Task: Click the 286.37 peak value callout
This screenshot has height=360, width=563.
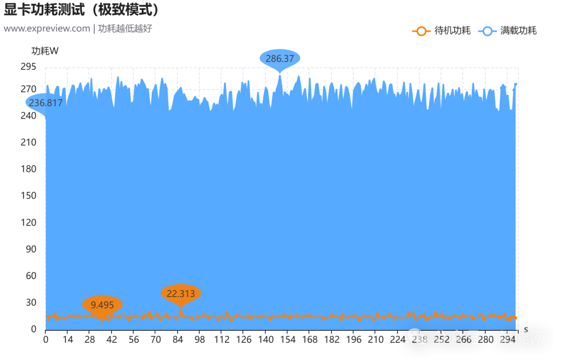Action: [280, 59]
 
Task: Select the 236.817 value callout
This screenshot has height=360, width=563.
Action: [45, 103]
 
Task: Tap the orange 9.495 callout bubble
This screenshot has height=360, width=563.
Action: [102, 305]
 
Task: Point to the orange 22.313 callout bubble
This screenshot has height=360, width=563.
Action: [180, 294]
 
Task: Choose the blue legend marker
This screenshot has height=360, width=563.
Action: [487, 31]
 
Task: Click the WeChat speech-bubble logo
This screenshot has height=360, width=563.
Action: [418, 337]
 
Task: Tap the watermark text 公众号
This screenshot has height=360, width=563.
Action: [457, 338]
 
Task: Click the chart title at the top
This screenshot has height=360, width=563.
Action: [81, 9]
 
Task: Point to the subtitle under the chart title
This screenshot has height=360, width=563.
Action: [76, 28]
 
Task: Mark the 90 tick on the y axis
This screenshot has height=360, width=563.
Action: [31, 249]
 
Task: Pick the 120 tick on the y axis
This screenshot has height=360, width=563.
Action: [30, 222]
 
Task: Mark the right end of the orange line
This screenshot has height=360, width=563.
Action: [516, 317]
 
